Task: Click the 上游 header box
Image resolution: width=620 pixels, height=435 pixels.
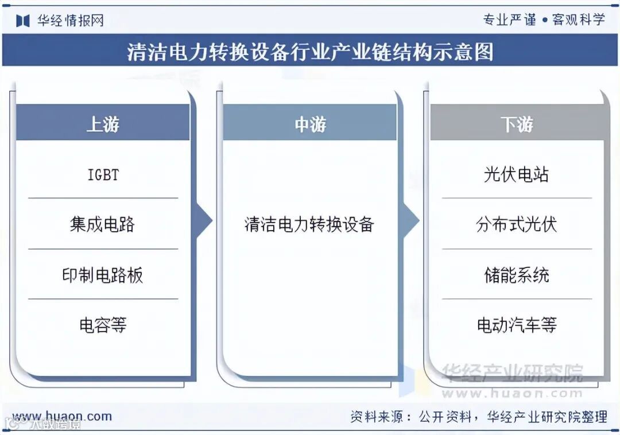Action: point(103,123)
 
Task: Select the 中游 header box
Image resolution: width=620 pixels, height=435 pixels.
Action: point(309,123)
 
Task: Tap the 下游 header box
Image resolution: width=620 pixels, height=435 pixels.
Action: point(517,123)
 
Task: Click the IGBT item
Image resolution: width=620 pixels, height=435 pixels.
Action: point(103,174)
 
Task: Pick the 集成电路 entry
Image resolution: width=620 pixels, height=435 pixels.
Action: point(103,224)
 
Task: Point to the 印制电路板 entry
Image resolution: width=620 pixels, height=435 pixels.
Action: point(103,275)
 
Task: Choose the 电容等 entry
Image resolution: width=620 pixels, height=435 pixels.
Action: point(103,325)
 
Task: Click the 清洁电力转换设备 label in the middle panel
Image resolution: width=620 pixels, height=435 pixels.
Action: point(309,224)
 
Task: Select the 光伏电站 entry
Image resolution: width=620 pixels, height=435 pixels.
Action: point(517,174)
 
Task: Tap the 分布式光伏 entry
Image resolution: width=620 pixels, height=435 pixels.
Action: point(517,224)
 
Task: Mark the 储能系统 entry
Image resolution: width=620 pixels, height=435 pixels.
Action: point(517,275)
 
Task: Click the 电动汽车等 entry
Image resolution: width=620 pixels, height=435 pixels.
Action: point(517,325)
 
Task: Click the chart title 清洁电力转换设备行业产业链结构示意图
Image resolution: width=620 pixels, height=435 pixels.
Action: point(309,52)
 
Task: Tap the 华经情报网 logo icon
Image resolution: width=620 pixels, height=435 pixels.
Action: point(22,21)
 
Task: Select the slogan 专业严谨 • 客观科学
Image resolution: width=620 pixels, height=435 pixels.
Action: point(544,20)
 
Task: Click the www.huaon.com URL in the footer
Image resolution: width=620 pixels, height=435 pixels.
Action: point(62,416)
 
